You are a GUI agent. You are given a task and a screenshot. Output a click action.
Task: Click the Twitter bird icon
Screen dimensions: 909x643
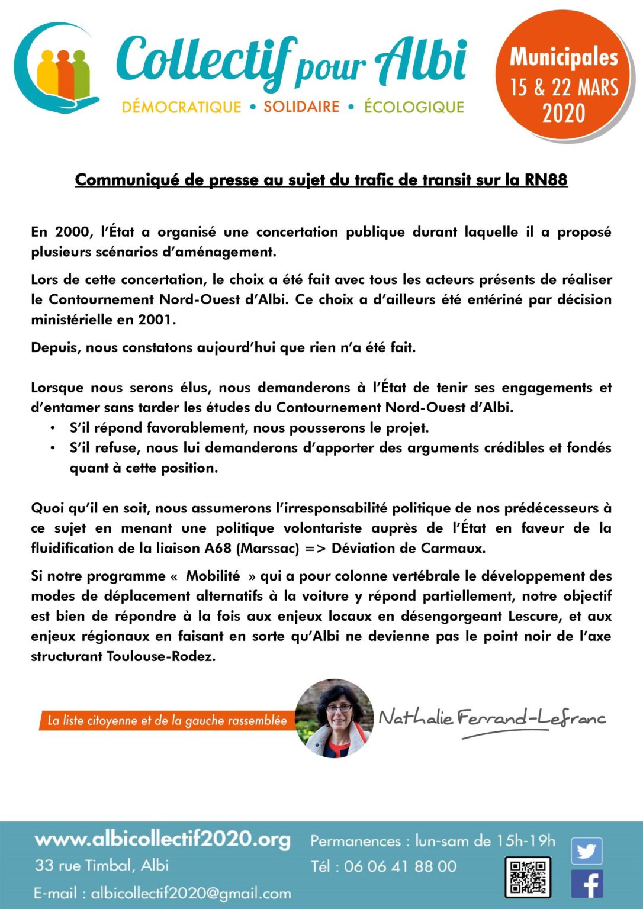click(586, 851)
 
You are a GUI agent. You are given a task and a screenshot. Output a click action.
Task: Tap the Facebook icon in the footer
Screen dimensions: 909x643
click(587, 884)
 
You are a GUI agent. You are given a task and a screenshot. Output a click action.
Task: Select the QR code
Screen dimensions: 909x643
click(528, 876)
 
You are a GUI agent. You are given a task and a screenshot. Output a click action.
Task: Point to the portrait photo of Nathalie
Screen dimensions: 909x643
click(334, 718)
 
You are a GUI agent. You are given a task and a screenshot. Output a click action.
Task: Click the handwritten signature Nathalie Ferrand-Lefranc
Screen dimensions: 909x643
click(491, 720)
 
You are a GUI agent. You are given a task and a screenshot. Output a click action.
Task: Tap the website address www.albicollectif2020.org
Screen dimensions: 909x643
click(163, 839)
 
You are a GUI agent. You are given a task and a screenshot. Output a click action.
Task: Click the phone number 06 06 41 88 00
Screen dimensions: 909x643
click(400, 866)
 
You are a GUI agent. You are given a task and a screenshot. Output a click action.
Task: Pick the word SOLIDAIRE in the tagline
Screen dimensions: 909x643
click(301, 107)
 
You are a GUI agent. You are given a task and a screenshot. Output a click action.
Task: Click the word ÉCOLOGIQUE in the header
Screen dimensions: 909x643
click(414, 107)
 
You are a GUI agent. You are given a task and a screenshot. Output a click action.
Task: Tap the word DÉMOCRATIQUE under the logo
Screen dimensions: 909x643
click(181, 107)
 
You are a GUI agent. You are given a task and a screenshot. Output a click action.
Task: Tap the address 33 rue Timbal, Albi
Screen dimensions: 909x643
click(101, 865)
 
